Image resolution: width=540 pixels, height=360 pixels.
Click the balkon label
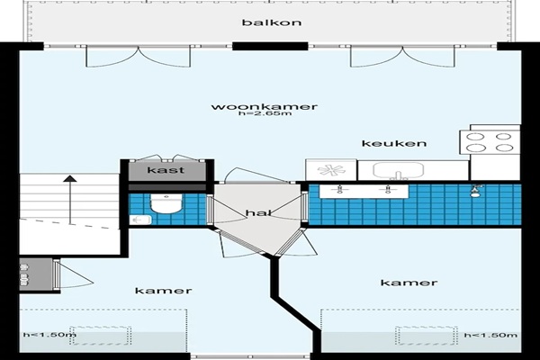tap(272, 22)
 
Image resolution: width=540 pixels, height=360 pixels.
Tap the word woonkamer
tap(264, 106)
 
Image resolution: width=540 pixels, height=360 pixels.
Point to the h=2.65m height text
tap(265, 113)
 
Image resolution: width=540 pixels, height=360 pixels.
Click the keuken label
tap(394, 143)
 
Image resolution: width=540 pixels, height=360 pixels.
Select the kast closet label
tap(166, 170)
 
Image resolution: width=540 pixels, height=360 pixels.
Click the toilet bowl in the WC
tap(166, 203)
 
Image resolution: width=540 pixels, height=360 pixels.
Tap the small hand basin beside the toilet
tap(140, 220)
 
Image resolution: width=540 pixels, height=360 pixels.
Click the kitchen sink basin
tap(398, 170)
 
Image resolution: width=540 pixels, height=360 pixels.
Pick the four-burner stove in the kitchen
tap(490, 142)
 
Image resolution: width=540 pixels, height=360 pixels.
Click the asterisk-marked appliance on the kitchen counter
tap(331, 170)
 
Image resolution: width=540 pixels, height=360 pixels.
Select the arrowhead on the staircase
tap(70, 178)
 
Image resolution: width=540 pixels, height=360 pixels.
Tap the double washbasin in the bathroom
tap(364, 192)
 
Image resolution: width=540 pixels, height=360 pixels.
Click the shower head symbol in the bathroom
tap(476, 191)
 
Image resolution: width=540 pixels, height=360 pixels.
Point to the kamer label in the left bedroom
tap(163, 291)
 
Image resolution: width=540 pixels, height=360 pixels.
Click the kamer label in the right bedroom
tap(409, 283)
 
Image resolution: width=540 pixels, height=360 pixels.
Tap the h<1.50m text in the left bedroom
tap(49, 335)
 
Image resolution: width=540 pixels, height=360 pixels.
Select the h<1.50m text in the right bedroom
tap(490, 335)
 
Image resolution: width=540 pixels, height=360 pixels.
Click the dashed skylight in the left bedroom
tap(101, 336)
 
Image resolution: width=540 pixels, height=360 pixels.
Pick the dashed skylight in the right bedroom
tap(427, 336)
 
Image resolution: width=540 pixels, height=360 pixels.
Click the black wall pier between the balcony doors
tap(270, 46)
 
